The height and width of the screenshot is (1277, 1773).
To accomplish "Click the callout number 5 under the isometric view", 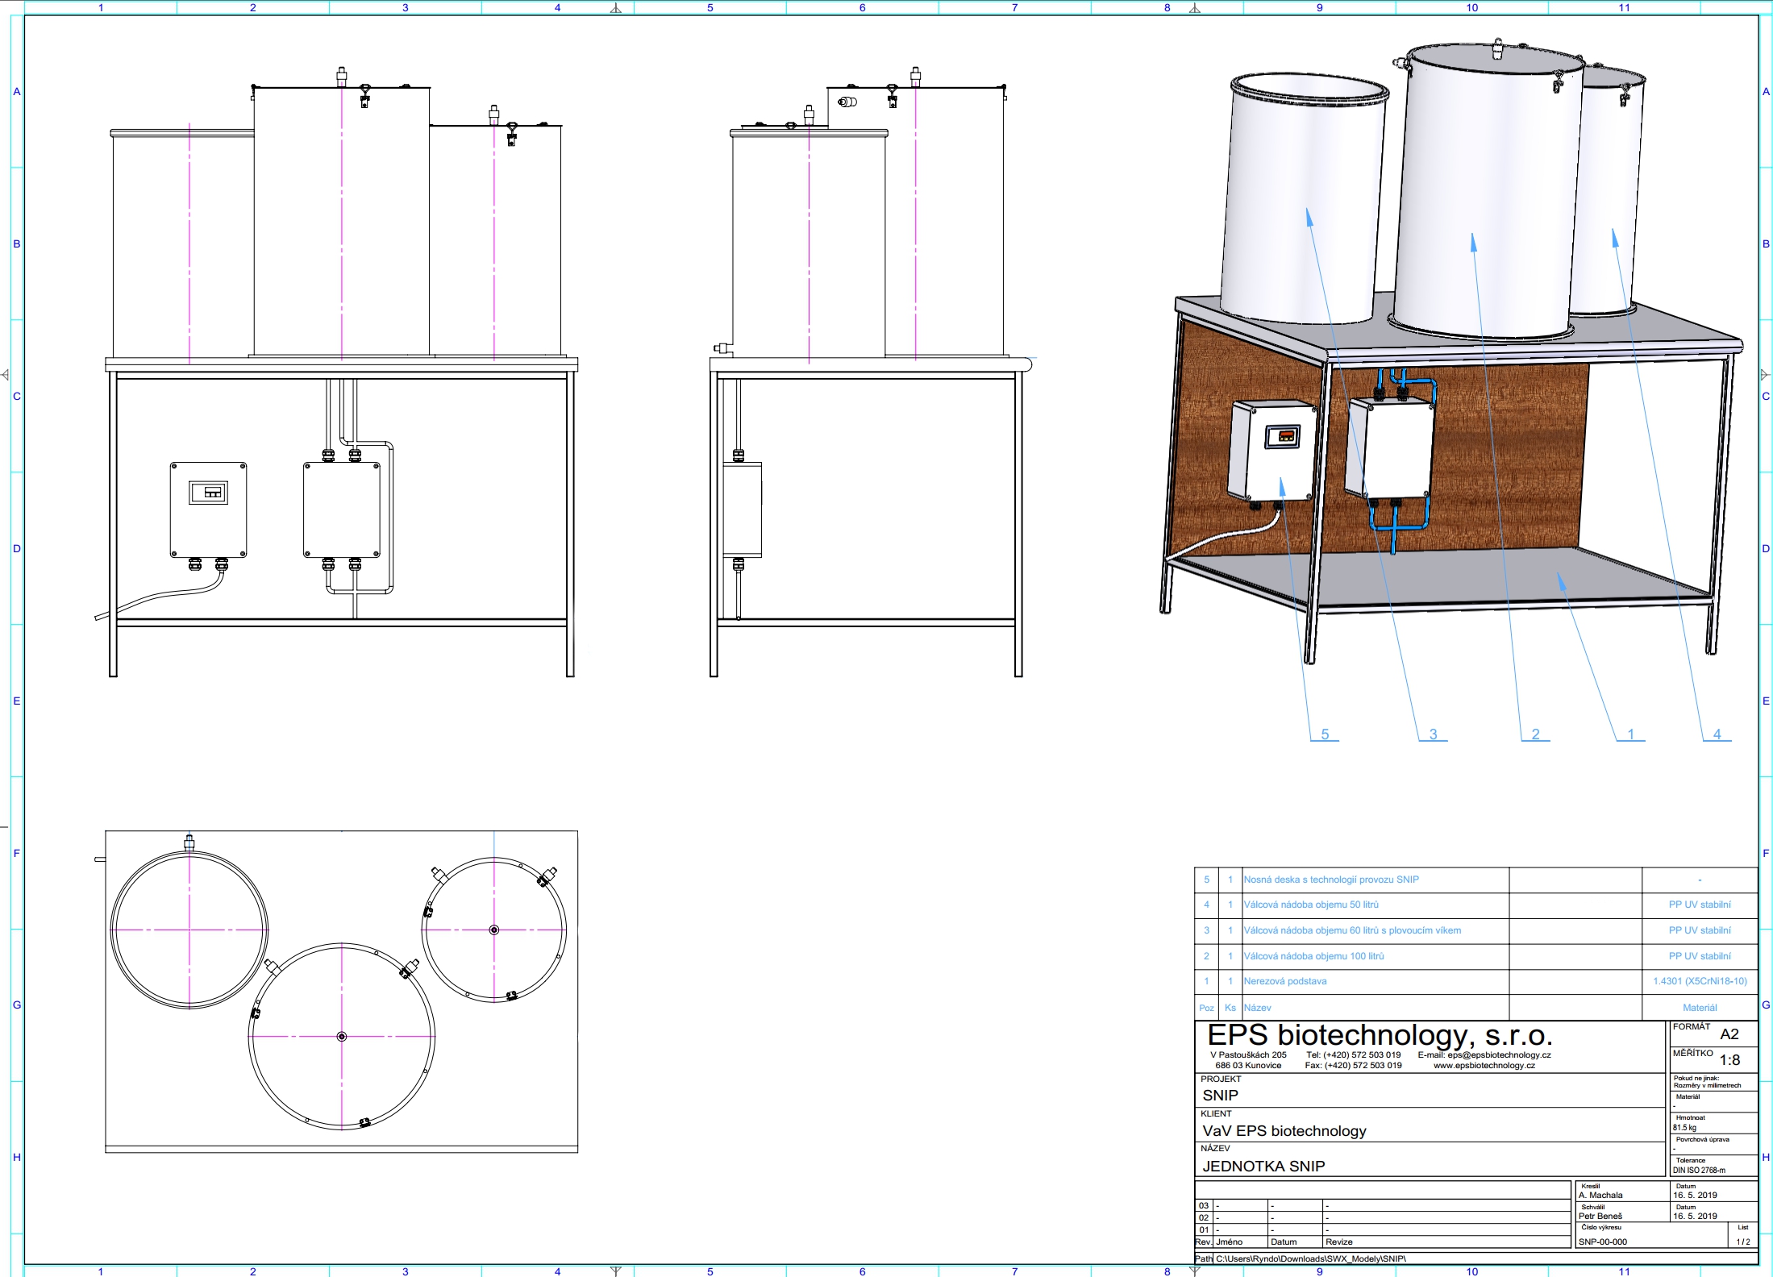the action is pos(1325,734).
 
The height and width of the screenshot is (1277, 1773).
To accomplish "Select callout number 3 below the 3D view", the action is pos(1433,734).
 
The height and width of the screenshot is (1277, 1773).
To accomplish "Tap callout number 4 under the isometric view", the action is pos(1717,734).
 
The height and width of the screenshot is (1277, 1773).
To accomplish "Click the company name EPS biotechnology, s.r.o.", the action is pos(1380,1035).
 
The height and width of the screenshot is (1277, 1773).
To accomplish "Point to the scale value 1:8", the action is pos(1729,1060).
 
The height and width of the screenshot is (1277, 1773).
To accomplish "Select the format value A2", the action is pos(1729,1034).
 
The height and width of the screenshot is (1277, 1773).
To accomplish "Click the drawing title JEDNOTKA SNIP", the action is pos(1263,1166).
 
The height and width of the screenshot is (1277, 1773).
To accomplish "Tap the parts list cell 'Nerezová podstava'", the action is pos(1284,981).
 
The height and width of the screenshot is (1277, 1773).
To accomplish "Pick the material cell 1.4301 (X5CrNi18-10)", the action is pos(1700,981).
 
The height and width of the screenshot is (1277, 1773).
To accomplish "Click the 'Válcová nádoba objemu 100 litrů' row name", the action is pos(1313,956).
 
